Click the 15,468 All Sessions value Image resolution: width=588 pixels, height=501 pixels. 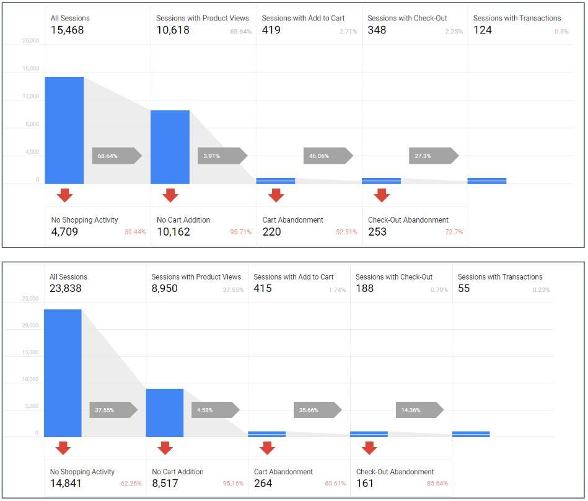pyautogui.click(x=67, y=30)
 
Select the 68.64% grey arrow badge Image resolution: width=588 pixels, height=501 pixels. pyautogui.click(x=117, y=156)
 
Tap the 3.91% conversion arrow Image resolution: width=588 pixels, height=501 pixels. pyautogui.click(x=223, y=156)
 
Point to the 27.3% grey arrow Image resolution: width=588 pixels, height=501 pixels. pyautogui.click(x=434, y=156)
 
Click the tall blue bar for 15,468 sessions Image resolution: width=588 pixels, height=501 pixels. pyautogui.click(x=64, y=131)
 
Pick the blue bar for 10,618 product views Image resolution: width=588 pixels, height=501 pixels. pyautogui.click(x=170, y=147)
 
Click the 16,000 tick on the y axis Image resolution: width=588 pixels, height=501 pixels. pyautogui.click(x=31, y=68)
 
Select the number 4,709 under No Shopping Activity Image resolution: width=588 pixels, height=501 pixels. pyautogui.click(x=64, y=232)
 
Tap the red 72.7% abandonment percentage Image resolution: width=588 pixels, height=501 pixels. pyautogui.click(x=454, y=232)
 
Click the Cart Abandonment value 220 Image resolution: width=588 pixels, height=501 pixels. pyautogui.click(x=271, y=232)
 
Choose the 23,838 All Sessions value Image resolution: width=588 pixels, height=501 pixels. pyautogui.click(x=66, y=288)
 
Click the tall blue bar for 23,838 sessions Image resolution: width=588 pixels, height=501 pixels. pyautogui.click(x=63, y=373)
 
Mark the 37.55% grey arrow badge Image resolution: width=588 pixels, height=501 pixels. pyautogui.click(x=113, y=410)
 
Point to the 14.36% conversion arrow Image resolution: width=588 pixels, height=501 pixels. pyautogui.click(x=420, y=410)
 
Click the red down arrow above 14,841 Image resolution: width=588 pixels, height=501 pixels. pyautogui.click(x=63, y=448)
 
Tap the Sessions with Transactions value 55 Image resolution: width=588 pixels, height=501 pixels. pyautogui.click(x=464, y=288)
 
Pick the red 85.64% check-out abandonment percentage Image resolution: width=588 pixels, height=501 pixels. pyautogui.click(x=437, y=484)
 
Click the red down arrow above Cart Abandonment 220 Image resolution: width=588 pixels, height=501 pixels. pyautogui.click(x=276, y=195)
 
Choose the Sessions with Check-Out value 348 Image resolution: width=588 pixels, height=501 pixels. pyautogui.click(x=377, y=30)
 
